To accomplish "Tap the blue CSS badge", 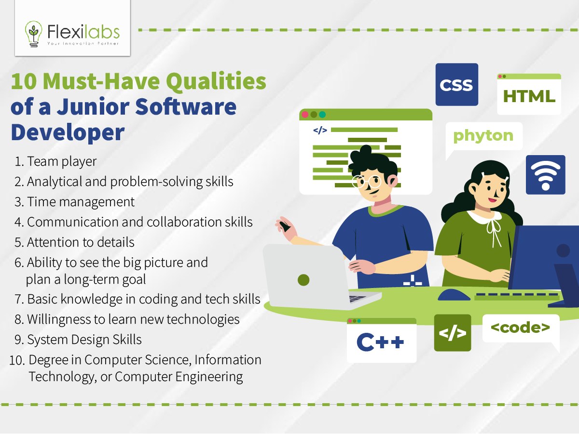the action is click(456, 84).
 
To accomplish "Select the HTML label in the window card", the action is click(529, 96).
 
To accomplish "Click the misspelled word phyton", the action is click(483, 136).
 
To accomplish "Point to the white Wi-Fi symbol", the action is click(546, 175).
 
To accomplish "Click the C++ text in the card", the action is click(380, 342).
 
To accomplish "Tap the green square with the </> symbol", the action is click(453, 333).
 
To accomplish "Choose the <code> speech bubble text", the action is click(520, 328).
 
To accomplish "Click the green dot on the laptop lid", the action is click(303, 280).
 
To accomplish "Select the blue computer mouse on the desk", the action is click(454, 295).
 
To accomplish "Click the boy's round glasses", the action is click(367, 182).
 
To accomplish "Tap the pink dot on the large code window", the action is click(305, 115).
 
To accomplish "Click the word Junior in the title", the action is click(93, 107).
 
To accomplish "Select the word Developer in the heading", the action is click(68, 132).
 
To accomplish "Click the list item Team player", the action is click(62, 161).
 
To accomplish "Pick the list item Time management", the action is click(81, 202).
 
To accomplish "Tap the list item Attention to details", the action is click(81, 242).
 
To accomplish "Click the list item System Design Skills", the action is click(84, 340).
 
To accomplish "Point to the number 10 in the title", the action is click(24, 81).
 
